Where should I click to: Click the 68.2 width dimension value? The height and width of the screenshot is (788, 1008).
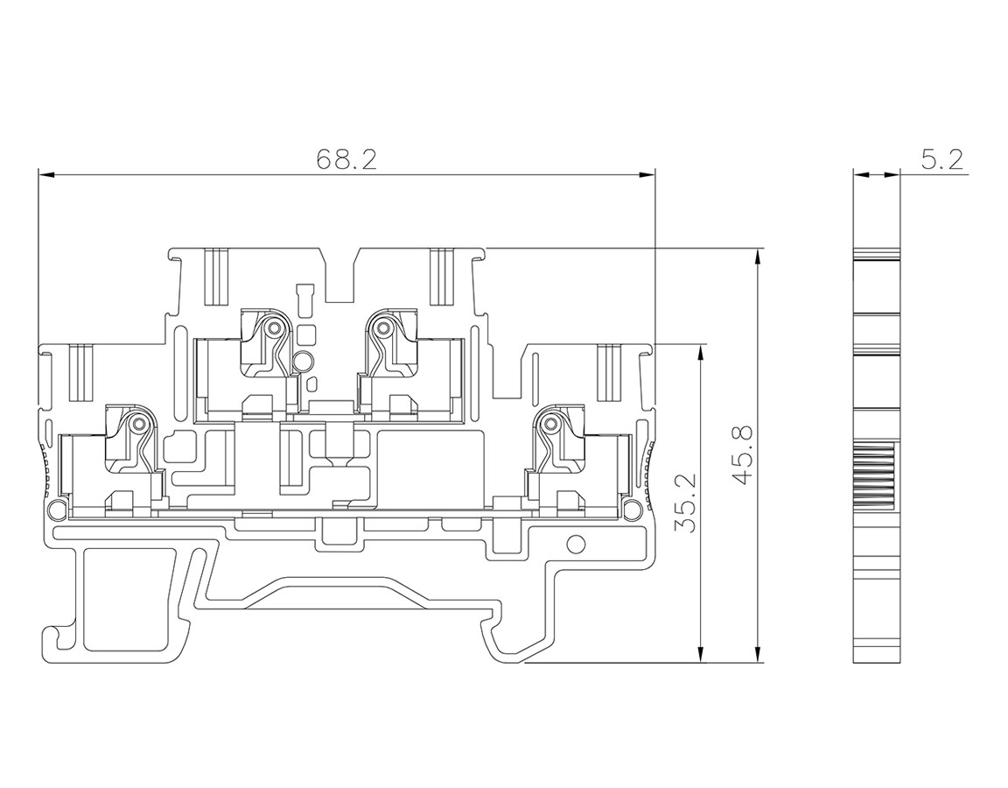346,158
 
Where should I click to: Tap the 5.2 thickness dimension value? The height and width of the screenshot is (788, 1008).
942,158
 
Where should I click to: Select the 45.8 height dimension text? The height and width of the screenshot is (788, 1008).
743,455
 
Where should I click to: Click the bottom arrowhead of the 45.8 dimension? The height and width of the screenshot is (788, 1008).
759,654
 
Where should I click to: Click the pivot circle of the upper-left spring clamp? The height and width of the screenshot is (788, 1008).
274,328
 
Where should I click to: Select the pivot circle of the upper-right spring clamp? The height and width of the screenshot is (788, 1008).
383,329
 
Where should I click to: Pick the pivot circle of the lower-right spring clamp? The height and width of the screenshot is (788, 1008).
550,423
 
